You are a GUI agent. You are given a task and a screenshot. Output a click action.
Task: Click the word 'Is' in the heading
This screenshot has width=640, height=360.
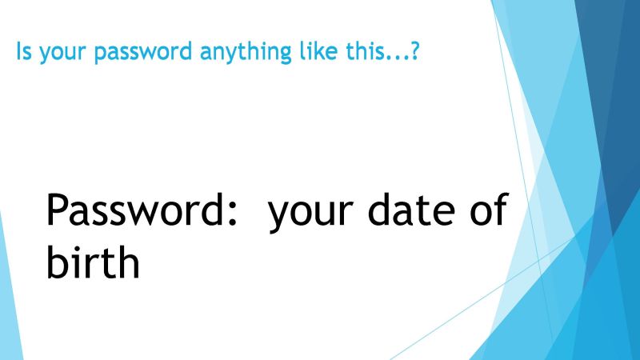pyautogui.click(x=24, y=51)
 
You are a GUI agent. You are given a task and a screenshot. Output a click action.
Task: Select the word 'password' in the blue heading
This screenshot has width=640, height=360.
pyautogui.click(x=143, y=52)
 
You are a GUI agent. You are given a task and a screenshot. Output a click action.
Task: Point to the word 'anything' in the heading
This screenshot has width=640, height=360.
pyautogui.click(x=246, y=53)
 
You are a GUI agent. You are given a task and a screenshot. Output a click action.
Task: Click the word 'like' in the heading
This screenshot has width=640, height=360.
pyautogui.click(x=318, y=50)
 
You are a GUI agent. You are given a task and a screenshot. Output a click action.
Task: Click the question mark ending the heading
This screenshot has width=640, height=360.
pyautogui.click(x=414, y=50)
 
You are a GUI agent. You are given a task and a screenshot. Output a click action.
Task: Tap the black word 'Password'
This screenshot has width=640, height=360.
pyautogui.click(x=134, y=210)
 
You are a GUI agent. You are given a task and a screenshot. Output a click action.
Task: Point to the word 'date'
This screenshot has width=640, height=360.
pyautogui.click(x=411, y=209)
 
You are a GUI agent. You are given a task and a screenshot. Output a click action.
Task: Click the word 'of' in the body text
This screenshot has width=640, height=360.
pyautogui.click(x=489, y=209)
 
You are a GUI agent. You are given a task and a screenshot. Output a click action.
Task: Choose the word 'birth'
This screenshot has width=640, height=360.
pyautogui.click(x=93, y=262)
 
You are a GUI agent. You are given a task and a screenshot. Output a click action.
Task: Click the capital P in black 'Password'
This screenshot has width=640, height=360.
pyautogui.click(x=56, y=210)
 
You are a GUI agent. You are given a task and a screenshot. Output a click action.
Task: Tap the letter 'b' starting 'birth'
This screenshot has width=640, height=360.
pyautogui.click(x=57, y=262)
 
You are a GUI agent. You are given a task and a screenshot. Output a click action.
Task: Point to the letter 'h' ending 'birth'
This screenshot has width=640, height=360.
pyautogui.click(x=129, y=262)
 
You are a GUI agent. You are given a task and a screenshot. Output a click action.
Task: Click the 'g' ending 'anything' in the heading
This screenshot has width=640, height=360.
pyautogui.click(x=286, y=54)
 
